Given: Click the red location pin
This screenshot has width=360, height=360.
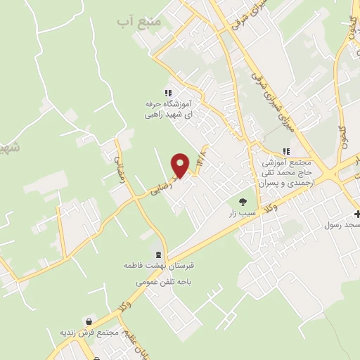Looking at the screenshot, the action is coord(181,165).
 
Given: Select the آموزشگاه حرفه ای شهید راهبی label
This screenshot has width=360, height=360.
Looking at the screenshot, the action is coord(168,107).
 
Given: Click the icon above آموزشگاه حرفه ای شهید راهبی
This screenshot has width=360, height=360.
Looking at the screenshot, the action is coord(167,91).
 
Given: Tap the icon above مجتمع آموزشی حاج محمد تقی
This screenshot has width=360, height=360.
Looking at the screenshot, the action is coord(285,151).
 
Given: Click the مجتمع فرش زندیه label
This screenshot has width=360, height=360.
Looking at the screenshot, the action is coord(86,332).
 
